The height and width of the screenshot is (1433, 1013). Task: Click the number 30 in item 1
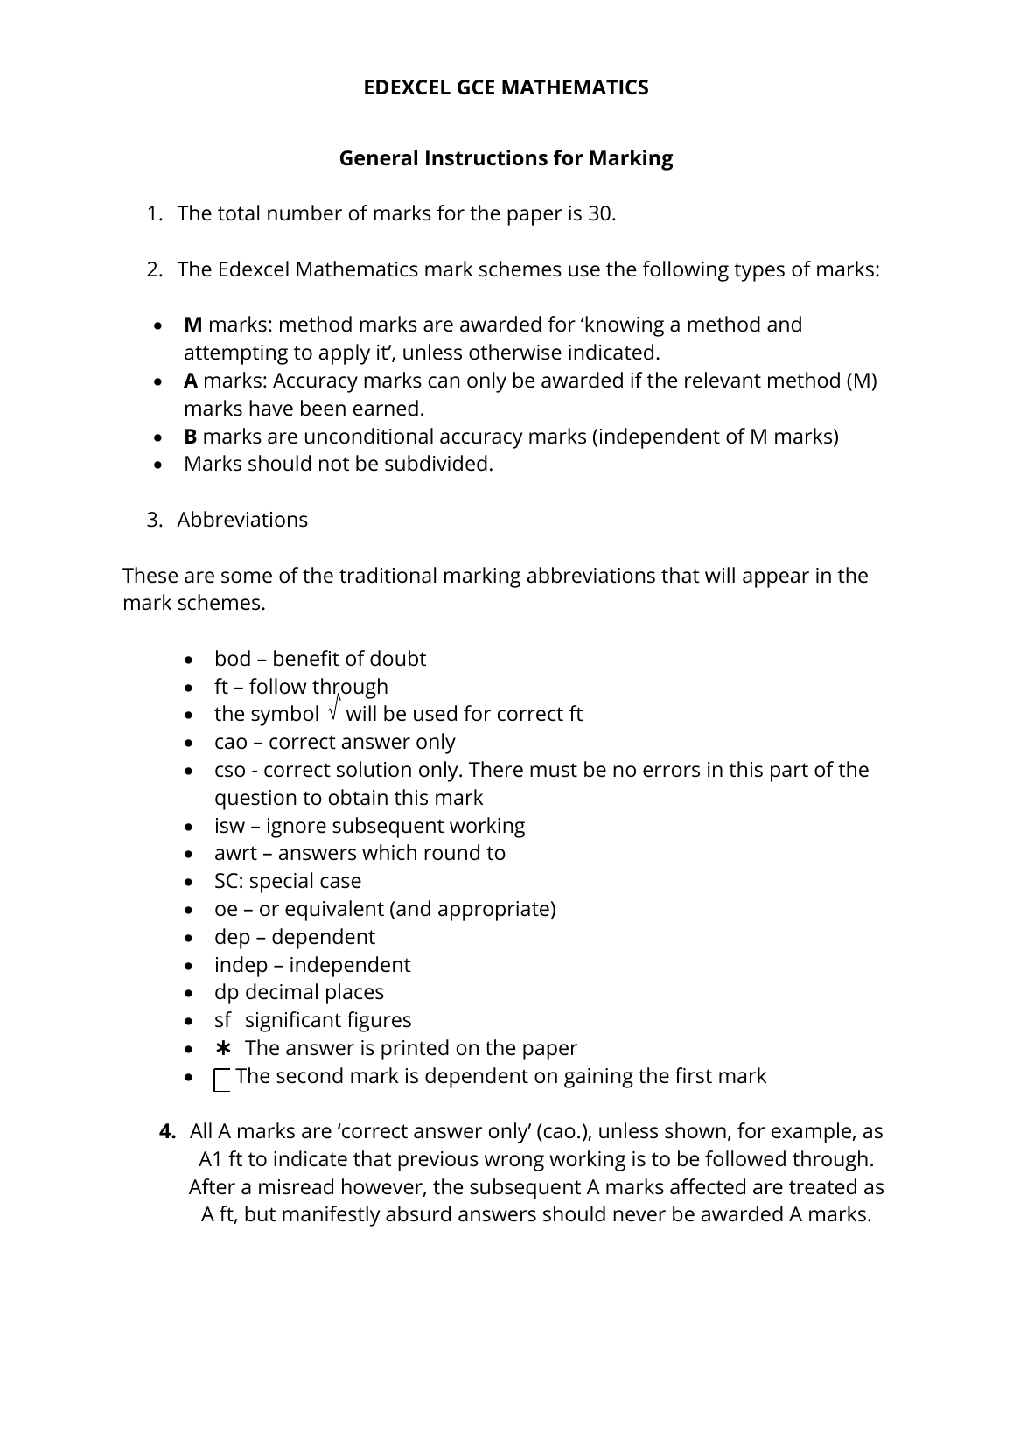click(599, 213)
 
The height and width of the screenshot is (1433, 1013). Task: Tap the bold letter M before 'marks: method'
click(192, 325)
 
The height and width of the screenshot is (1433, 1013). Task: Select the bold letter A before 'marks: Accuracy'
click(191, 381)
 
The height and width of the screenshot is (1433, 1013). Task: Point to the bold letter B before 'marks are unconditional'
click(190, 437)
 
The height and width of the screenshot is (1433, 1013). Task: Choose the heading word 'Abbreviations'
click(242, 520)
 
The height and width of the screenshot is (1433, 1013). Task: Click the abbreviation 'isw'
click(229, 826)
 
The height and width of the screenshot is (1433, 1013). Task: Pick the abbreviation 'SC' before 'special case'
click(226, 881)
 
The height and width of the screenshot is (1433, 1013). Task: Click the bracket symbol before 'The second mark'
click(222, 1080)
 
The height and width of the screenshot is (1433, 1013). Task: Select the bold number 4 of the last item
click(167, 1131)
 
